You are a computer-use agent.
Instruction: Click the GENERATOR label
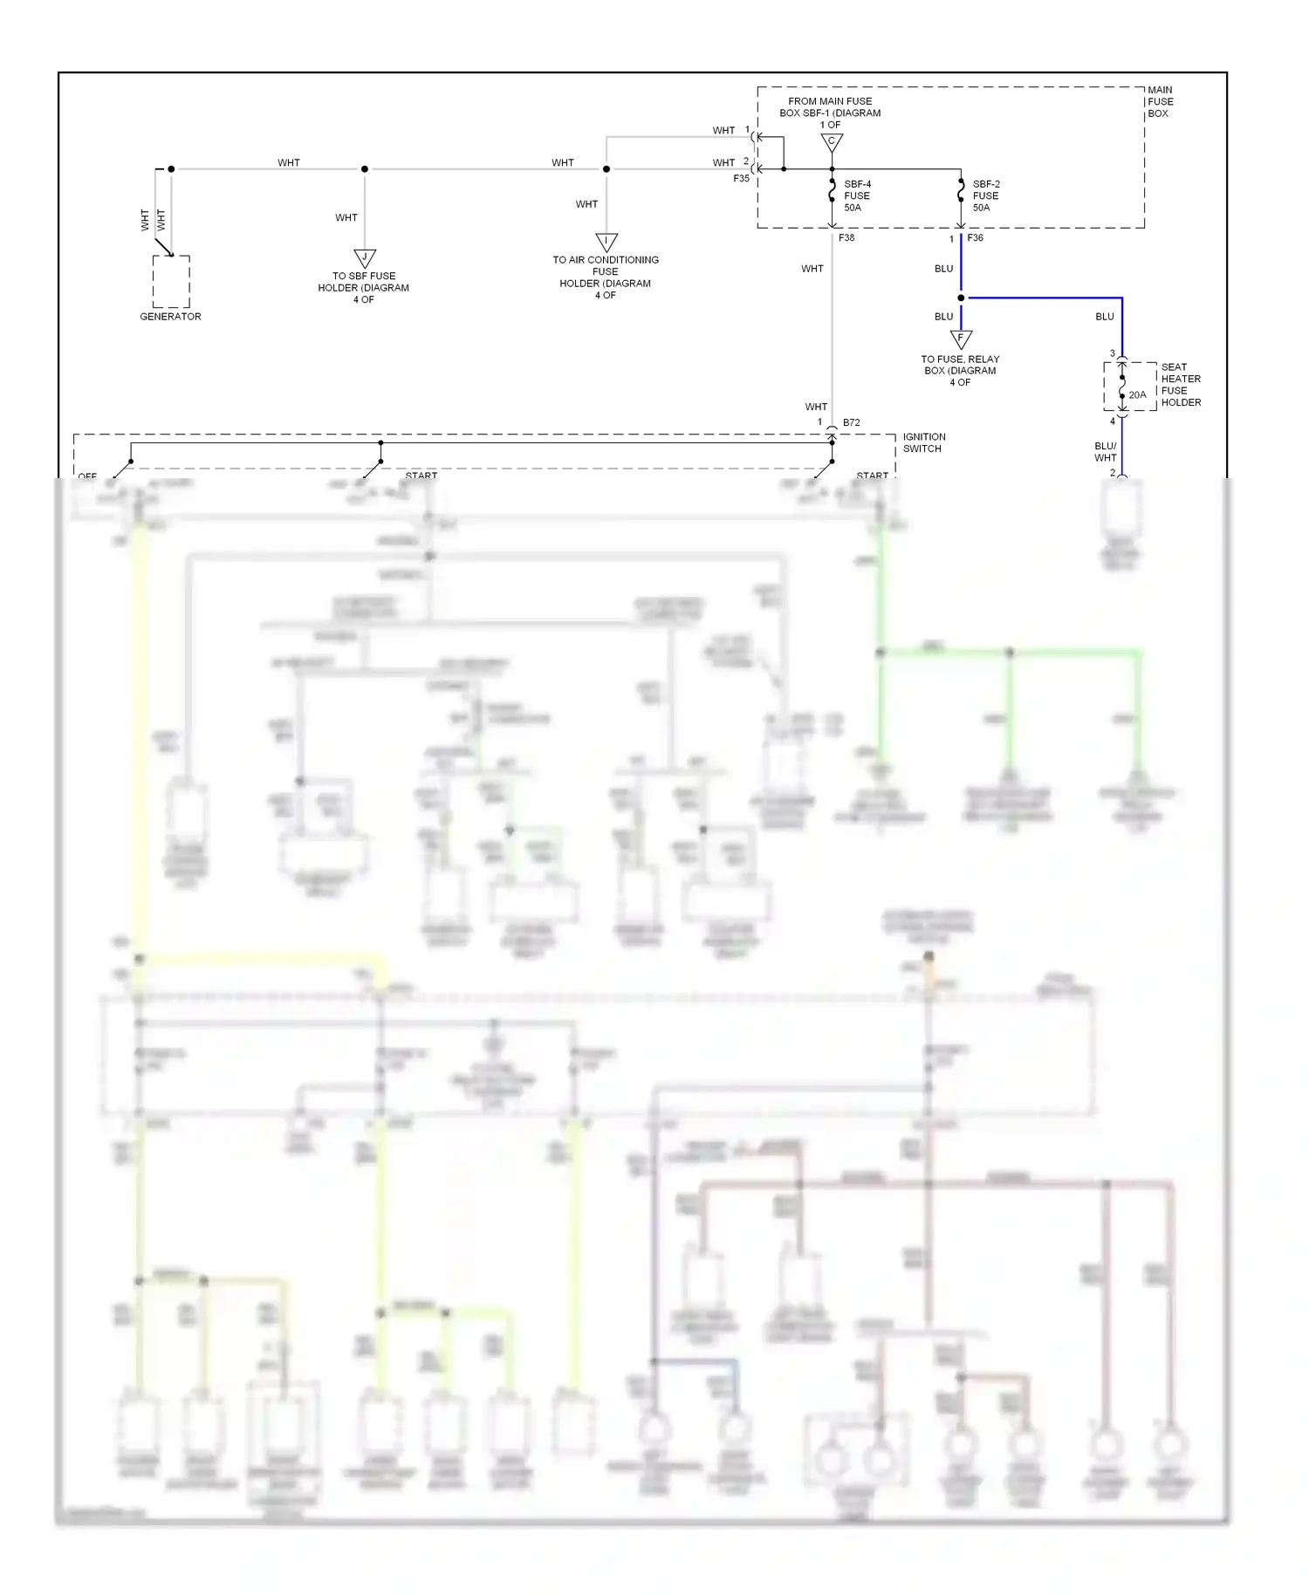point(170,317)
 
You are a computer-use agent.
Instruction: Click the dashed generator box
point(171,281)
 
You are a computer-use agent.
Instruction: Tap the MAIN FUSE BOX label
point(1160,102)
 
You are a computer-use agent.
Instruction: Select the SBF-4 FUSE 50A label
point(857,196)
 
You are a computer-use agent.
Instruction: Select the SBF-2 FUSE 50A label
point(986,196)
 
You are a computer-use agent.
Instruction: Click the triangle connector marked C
point(832,142)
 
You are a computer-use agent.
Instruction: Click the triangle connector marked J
point(365,258)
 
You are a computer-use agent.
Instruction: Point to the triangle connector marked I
point(607,242)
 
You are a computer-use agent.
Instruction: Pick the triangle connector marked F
point(961,339)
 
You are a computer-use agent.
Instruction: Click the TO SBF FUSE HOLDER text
point(363,288)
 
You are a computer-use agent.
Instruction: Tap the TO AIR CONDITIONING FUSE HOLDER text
point(606,277)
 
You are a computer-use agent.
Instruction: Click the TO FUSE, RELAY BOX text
point(960,371)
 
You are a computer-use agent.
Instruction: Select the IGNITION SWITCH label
point(923,442)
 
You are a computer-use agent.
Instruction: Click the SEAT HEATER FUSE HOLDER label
point(1181,385)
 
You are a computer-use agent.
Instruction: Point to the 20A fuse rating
point(1137,395)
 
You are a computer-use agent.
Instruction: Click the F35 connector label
point(741,179)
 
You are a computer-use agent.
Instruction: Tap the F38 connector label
point(846,238)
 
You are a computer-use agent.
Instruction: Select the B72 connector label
point(851,423)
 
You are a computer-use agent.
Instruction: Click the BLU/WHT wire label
point(1105,452)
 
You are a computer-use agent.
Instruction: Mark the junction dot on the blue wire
point(961,298)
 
